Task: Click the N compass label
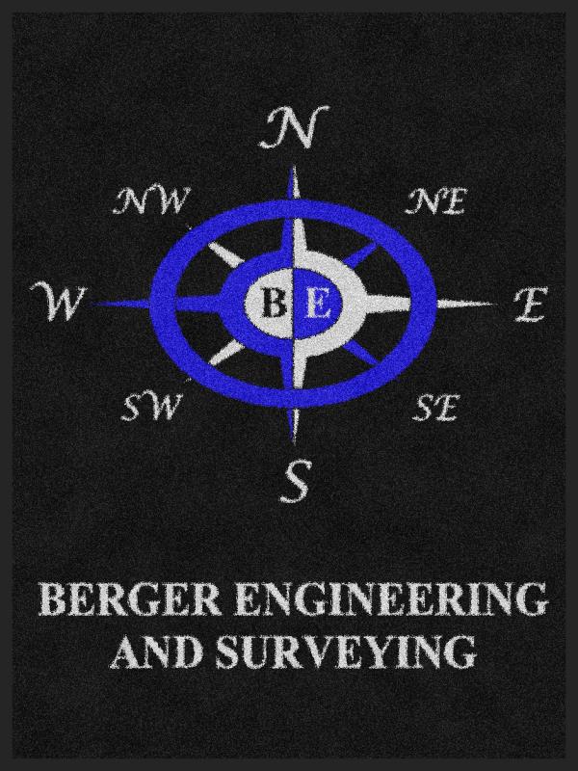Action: pos(295,127)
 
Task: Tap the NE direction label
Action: pos(435,202)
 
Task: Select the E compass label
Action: pos(531,305)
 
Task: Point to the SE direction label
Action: pos(435,408)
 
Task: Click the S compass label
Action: pos(297,480)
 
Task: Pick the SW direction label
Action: pos(148,408)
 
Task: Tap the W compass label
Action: pos(58,301)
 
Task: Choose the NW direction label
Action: pos(151,200)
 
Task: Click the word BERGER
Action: pos(129,598)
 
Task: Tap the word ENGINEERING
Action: pos(390,598)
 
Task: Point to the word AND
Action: pos(157,652)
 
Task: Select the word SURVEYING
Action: pos(345,652)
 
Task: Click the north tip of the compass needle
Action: pos(294,167)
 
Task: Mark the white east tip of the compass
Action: pos(495,304)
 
